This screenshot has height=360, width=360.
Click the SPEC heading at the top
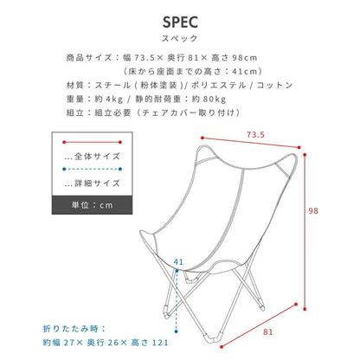tap(180, 22)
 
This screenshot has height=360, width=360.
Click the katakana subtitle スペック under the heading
tap(179, 38)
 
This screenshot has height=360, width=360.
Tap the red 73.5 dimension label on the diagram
tap(255, 135)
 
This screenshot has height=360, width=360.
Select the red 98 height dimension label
tap(313, 211)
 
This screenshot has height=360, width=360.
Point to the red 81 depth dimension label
tap(268, 332)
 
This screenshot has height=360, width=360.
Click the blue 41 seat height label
tap(178, 262)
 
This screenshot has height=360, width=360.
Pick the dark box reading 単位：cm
tap(92, 205)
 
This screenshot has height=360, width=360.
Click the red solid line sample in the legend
tap(93, 142)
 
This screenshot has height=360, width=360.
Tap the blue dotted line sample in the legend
tap(93, 169)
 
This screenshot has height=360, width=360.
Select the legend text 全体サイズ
tap(97, 157)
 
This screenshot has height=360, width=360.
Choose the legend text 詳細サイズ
tap(97, 183)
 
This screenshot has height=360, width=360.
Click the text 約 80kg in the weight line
tap(209, 99)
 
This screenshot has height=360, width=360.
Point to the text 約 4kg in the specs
tap(109, 99)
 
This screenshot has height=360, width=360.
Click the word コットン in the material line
tap(274, 85)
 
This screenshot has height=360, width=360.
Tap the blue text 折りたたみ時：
tap(75, 329)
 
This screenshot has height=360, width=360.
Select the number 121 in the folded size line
tap(160, 343)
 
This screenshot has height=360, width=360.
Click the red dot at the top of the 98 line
tap(305, 155)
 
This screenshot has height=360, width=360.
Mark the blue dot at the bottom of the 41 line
tap(177, 331)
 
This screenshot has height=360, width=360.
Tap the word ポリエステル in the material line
tap(218, 85)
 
